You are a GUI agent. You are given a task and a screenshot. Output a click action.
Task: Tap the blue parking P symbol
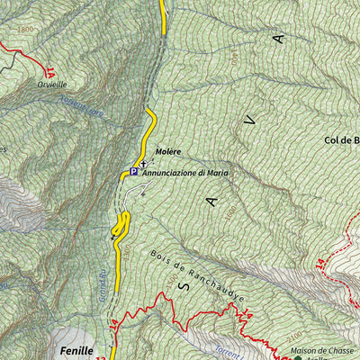pyautogui.click(x=134, y=171)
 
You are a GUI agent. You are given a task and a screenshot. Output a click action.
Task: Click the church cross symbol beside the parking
pyautogui.click(x=143, y=165)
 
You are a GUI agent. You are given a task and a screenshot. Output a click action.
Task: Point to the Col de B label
pyautogui.click(x=341, y=140)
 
